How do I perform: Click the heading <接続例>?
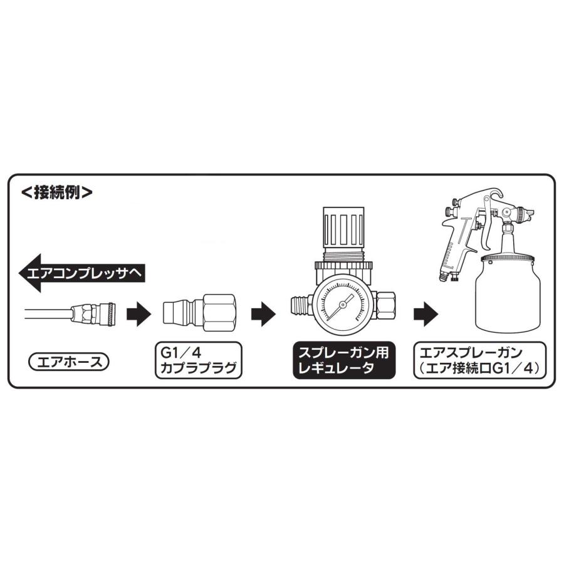click(57, 192)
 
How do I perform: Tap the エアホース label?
click(69, 361)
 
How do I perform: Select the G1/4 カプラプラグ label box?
click(198, 361)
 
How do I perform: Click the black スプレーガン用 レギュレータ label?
click(344, 361)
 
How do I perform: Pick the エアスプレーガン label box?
click(480, 361)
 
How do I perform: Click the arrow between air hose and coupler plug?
click(140, 311)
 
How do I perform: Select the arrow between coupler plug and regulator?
click(264, 311)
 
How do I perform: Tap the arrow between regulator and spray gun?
click(426, 311)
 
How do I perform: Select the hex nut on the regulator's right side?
click(385, 305)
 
